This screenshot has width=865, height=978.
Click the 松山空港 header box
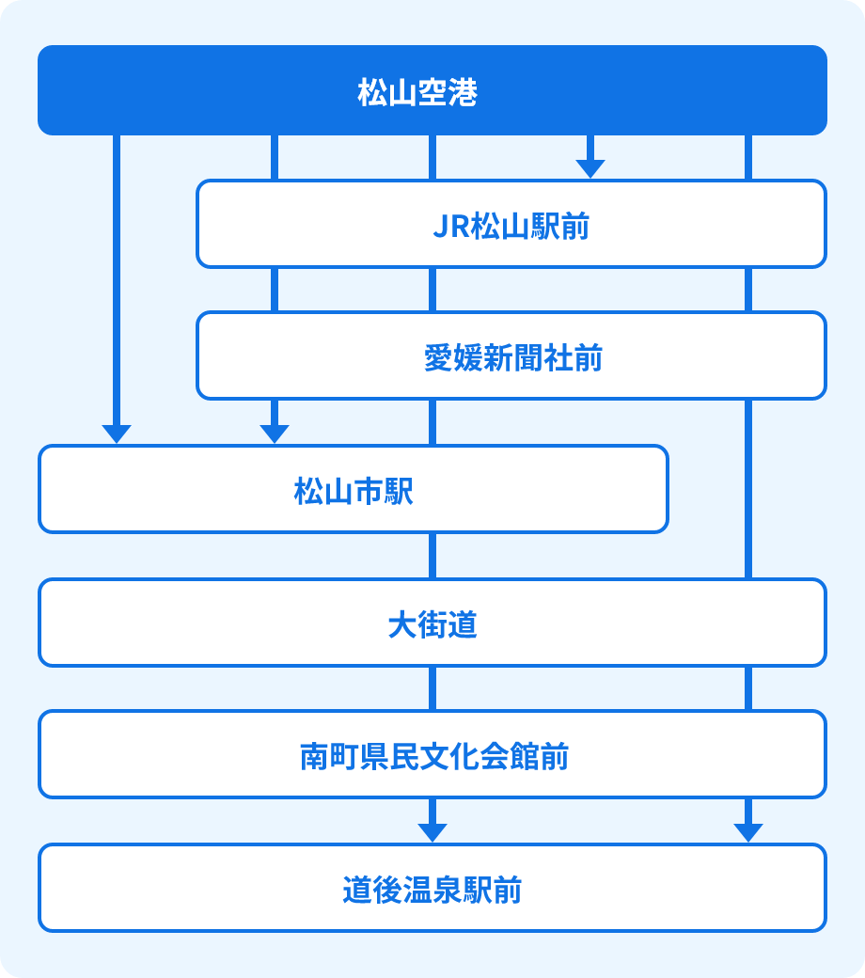[x=432, y=90]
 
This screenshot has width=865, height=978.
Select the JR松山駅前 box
[x=511, y=224]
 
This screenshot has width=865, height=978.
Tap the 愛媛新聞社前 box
[x=511, y=356]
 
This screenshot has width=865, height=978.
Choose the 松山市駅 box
[x=354, y=489]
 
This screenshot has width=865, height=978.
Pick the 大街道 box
[x=432, y=623]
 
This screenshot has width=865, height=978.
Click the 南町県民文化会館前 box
[x=432, y=754]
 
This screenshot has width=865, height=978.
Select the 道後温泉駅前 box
[x=432, y=888]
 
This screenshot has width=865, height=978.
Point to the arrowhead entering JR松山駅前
[x=590, y=167]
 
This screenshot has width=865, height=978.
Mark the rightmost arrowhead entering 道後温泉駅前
[x=747, y=831]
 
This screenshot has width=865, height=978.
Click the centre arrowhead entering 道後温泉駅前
[x=432, y=831]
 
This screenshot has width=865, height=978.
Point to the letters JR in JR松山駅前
[x=450, y=227]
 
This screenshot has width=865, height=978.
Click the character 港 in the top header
[x=464, y=93]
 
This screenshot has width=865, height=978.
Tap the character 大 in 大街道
[x=402, y=625]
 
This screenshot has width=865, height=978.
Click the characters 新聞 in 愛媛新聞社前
[x=512, y=359]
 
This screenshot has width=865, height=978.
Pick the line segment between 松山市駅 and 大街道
[x=432, y=555]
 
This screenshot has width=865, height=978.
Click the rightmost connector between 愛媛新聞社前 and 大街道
[x=747, y=489]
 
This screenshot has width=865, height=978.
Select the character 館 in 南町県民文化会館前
[x=527, y=757]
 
